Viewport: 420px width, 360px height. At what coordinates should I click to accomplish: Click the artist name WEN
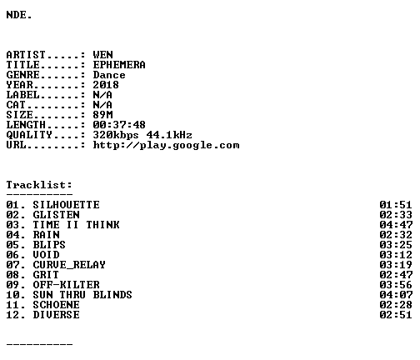102,55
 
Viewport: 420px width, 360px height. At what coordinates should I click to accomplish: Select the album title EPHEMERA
119,65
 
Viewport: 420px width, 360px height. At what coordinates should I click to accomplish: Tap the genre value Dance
109,75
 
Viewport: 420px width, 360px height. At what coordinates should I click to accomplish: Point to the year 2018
106,85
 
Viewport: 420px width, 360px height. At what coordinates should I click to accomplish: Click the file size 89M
102,115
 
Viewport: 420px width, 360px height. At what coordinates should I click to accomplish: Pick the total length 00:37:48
119,125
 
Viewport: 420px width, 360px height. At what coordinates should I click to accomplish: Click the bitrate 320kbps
116,135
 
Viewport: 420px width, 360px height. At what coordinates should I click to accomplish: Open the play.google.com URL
166,145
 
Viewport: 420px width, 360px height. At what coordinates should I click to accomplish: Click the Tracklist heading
39,185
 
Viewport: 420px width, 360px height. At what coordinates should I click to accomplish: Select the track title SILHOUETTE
66,205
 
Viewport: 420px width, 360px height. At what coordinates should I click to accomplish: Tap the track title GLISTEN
56,215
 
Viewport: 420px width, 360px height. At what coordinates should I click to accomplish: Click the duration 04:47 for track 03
396,225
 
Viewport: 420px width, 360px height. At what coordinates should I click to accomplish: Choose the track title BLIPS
49,245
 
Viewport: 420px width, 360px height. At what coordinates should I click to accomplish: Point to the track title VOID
46,255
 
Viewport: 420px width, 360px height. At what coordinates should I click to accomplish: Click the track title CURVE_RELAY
69,265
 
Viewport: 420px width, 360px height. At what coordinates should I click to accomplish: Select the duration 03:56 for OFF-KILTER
396,285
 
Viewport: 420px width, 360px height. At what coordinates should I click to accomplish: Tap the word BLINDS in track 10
112,295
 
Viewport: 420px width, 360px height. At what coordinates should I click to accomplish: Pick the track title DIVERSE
56,315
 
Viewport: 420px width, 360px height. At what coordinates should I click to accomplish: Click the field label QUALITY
29,135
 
